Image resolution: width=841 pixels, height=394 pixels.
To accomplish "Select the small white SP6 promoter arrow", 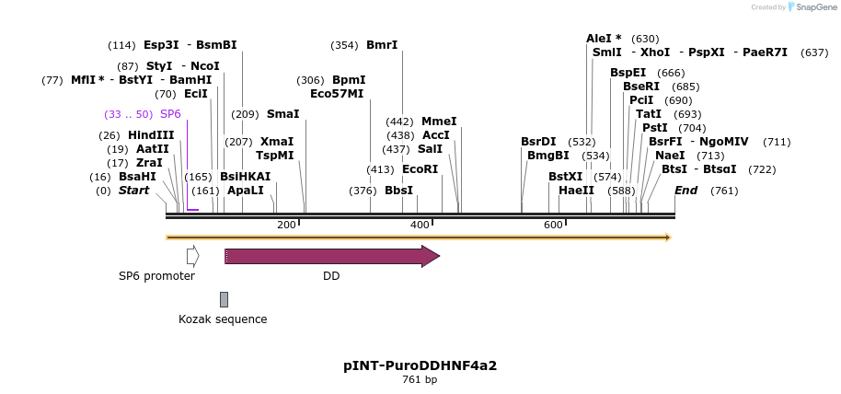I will click(192, 256).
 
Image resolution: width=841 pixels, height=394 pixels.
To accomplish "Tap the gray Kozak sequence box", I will click(224, 298).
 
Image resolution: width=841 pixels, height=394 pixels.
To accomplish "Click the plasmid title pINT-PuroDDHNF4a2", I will click(420, 365).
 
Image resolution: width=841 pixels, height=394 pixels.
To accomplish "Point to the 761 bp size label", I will click(420, 379).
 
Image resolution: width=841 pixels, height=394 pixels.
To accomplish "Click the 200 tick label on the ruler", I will click(286, 226).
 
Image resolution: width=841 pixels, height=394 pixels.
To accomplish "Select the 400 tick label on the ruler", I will click(420, 226).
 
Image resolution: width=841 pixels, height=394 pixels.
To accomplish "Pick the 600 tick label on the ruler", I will click(553, 226).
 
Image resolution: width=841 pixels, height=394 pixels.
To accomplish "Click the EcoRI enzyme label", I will click(420, 169).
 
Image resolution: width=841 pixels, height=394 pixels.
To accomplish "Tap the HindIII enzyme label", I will click(151, 135).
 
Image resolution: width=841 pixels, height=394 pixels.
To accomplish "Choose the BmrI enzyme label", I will click(382, 45).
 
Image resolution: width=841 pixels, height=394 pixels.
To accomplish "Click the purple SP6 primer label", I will click(170, 114).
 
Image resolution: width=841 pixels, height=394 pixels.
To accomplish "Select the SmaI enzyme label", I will click(282, 114).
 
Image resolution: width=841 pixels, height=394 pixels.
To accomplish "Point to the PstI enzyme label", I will click(655, 128).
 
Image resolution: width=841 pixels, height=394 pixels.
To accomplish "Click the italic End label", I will click(685, 191).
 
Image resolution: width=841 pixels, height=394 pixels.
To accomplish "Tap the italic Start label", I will click(133, 191).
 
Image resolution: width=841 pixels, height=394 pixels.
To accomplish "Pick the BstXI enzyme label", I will click(566, 177).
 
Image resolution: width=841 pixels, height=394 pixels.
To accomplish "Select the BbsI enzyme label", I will click(398, 191).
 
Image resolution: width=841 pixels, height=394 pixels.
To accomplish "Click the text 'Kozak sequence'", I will click(223, 319).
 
